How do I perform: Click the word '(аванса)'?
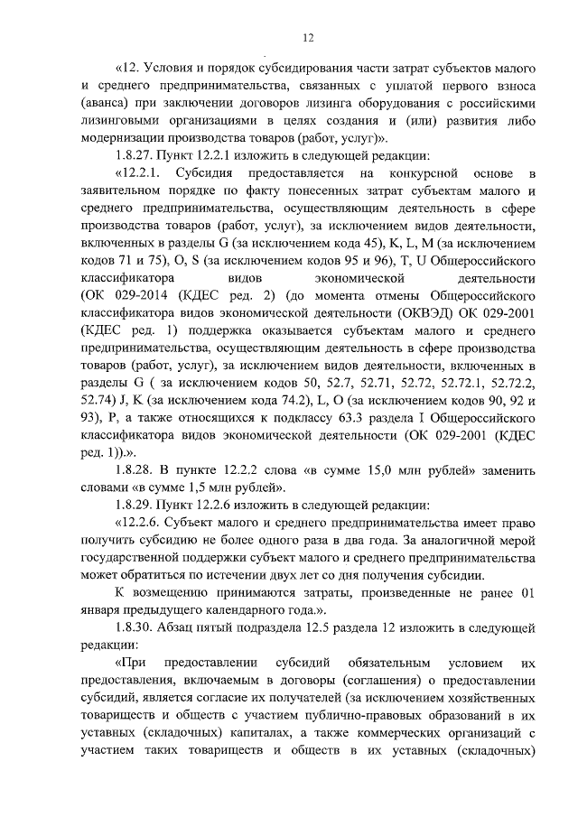coord(105,104)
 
